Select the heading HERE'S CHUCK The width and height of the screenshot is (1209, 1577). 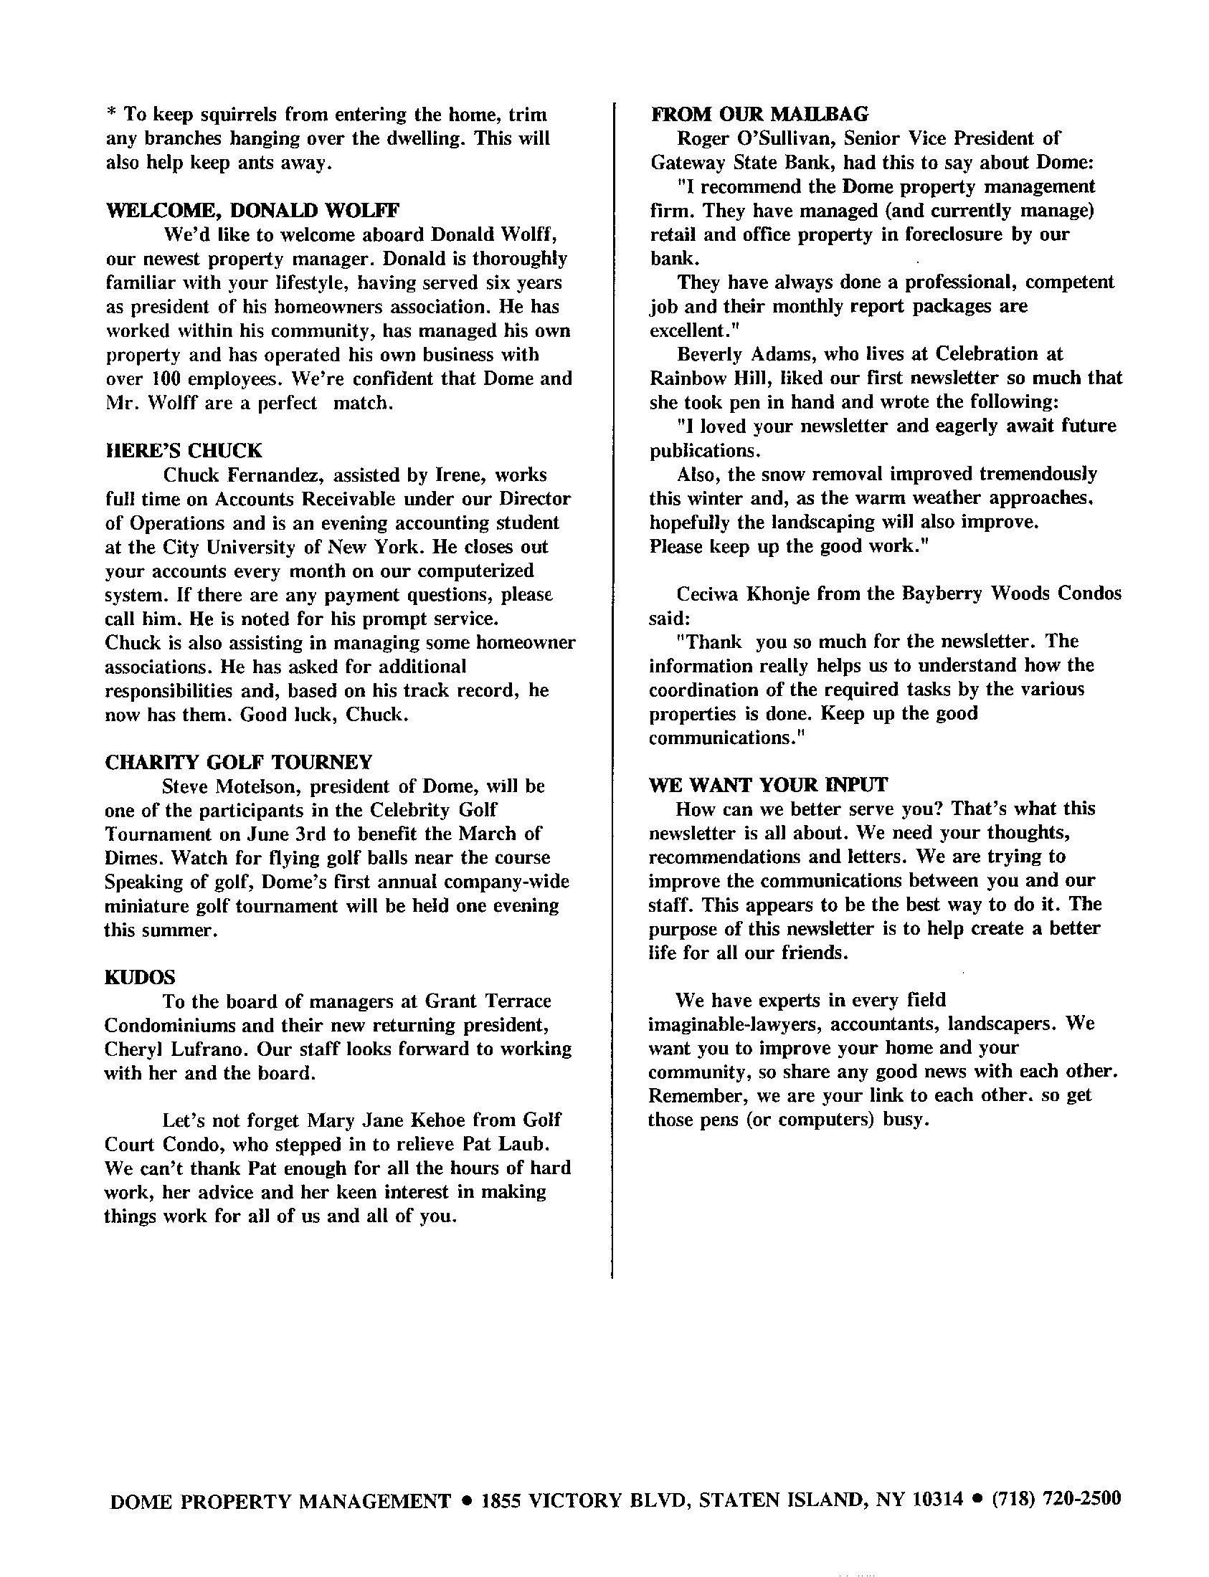(x=184, y=451)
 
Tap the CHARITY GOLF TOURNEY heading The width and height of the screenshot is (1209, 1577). (x=239, y=763)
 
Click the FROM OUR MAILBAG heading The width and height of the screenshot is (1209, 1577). (x=760, y=115)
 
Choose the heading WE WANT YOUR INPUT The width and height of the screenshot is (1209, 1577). (x=768, y=785)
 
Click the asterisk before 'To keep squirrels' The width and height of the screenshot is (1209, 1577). (x=112, y=114)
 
